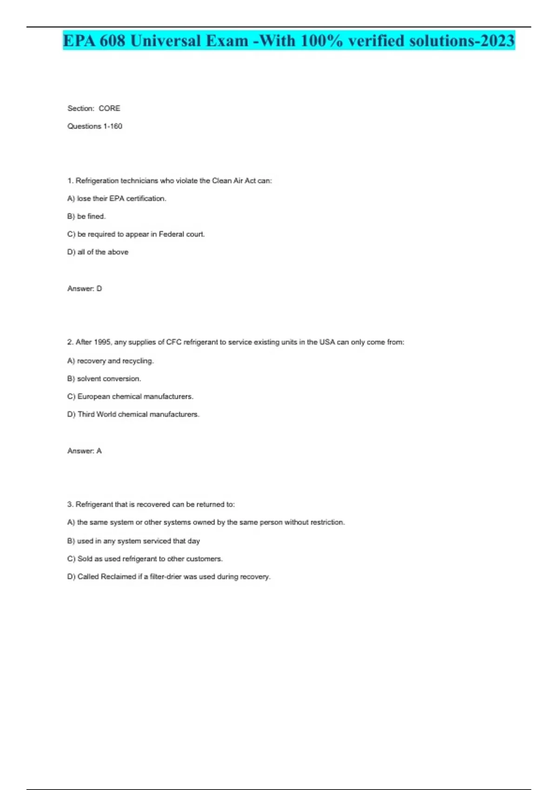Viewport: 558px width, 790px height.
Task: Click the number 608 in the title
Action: click(x=112, y=41)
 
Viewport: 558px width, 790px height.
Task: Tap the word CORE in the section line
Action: click(x=109, y=108)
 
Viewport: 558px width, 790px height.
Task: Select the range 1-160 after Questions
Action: click(x=113, y=126)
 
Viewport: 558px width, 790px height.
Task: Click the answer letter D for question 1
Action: click(x=99, y=289)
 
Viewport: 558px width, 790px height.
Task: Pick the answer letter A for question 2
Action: click(x=99, y=451)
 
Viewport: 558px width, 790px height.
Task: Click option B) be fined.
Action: click(x=86, y=217)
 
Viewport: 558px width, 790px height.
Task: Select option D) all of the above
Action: click(x=98, y=252)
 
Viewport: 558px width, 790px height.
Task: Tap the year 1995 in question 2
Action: click(x=102, y=342)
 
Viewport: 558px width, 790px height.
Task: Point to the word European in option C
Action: click(x=93, y=396)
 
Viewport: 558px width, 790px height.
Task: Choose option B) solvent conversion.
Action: click(x=104, y=379)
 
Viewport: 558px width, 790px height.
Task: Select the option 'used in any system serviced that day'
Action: click(x=139, y=541)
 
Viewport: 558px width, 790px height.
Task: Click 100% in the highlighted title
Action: click(x=321, y=41)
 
